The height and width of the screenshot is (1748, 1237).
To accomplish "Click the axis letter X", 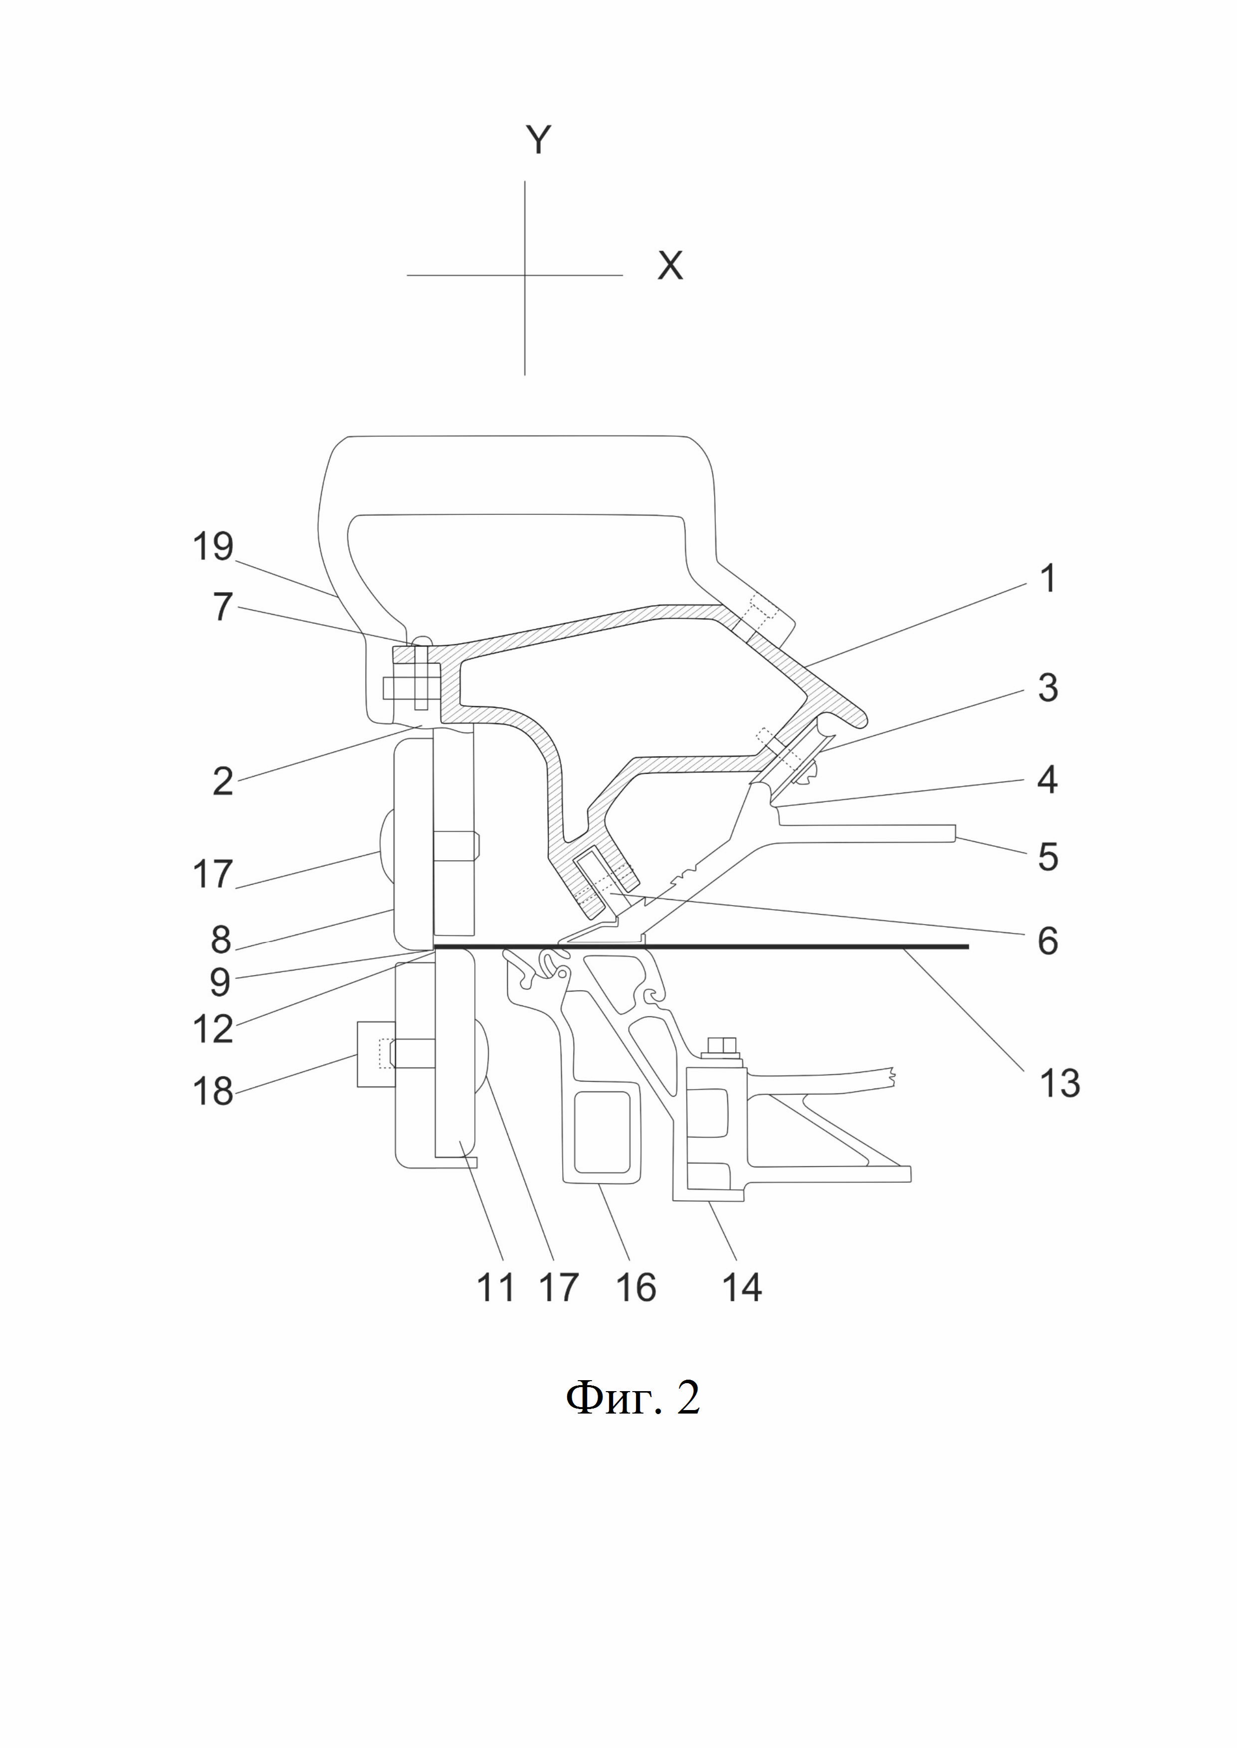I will pyautogui.click(x=670, y=267).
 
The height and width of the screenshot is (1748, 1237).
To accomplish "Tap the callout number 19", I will pyautogui.click(x=212, y=547).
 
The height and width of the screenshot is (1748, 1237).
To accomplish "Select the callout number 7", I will pyautogui.click(x=221, y=607).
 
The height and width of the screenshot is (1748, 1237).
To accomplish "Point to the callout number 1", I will pyautogui.click(x=1048, y=579).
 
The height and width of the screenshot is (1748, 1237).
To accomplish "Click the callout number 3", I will pyautogui.click(x=1048, y=687).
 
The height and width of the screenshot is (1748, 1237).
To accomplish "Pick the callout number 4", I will pyautogui.click(x=1048, y=780).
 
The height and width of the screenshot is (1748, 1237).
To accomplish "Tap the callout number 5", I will pyautogui.click(x=1048, y=856).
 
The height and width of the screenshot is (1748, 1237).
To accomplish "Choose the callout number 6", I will pyautogui.click(x=1048, y=941).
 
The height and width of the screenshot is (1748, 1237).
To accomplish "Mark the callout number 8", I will pyautogui.click(x=221, y=940).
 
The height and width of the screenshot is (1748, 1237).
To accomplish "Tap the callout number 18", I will pyautogui.click(x=212, y=1091).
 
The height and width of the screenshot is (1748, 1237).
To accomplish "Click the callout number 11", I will pyautogui.click(x=496, y=1287).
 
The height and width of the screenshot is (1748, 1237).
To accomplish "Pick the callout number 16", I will pyautogui.click(x=635, y=1287).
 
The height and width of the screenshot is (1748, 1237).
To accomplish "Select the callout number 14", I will pyautogui.click(x=741, y=1287).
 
